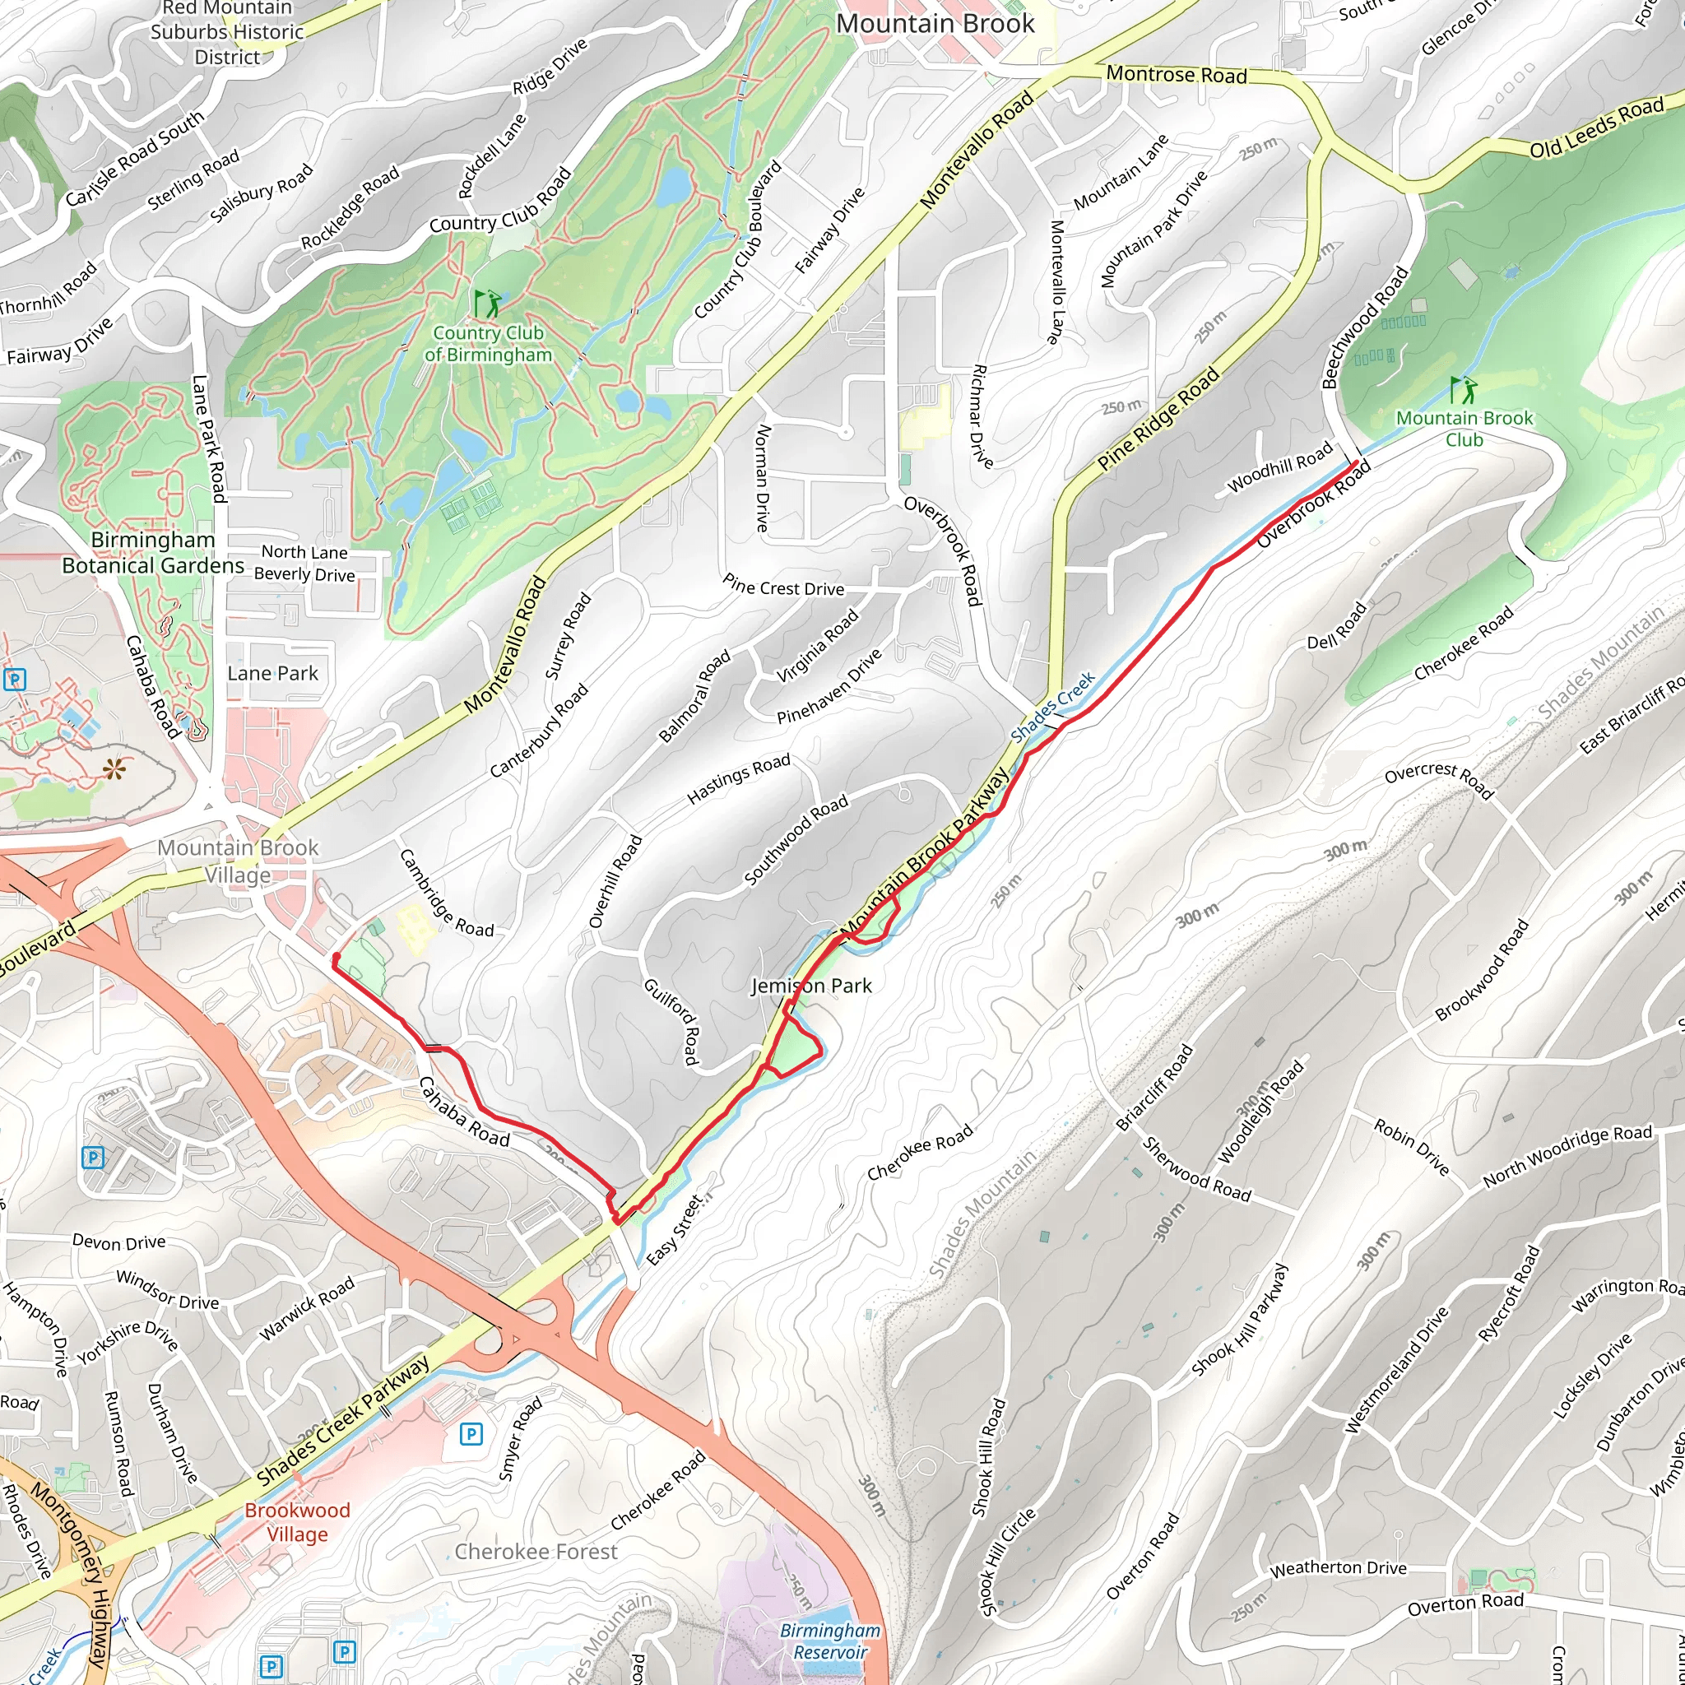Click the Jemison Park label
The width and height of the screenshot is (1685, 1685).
(811, 986)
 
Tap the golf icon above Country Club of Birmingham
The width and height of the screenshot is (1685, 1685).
(488, 304)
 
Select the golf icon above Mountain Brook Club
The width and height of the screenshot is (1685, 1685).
(1464, 389)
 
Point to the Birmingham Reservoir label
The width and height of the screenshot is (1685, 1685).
(829, 1641)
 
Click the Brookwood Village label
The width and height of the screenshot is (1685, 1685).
(296, 1522)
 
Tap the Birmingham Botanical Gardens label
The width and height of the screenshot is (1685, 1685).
(153, 552)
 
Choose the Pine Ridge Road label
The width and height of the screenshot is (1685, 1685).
(1158, 420)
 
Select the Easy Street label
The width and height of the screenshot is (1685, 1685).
(674, 1231)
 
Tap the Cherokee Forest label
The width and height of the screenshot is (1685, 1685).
(536, 1552)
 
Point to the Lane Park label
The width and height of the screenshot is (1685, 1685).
(272, 673)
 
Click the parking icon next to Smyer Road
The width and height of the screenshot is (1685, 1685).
(471, 1433)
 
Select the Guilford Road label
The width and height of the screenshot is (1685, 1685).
(671, 1021)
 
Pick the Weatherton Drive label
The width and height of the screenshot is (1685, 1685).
(1338, 1568)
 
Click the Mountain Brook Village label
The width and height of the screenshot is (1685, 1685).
(237, 861)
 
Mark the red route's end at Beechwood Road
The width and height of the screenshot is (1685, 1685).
(1356, 463)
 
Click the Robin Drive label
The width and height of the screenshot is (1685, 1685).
(1411, 1147)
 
